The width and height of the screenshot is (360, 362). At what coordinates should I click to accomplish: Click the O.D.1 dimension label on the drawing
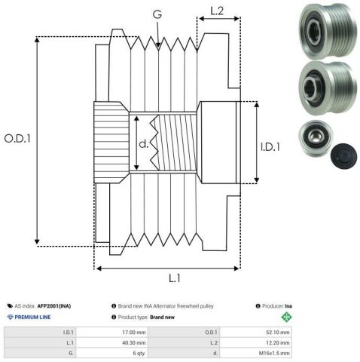tap(17, 139)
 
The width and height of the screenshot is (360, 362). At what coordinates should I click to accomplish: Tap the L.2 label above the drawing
tap(217, 11)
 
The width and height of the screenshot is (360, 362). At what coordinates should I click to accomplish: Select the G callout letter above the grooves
tap(157, 14)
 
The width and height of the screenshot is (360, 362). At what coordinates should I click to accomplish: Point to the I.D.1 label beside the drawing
tap(270, 147)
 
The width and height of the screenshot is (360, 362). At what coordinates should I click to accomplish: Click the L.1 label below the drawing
tap(175, 278)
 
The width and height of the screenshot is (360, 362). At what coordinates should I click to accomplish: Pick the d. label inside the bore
tap(144, 143)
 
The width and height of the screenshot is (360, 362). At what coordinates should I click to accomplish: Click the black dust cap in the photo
tap(343, 156)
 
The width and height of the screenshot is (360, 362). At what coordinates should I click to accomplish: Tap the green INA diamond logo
tap(286, 317)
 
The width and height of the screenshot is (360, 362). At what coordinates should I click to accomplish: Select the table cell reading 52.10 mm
tap(256, 332)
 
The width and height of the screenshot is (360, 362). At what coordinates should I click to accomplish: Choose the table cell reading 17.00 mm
tap(112, 332)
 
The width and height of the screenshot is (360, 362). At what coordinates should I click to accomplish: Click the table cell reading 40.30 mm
tap(112, 342)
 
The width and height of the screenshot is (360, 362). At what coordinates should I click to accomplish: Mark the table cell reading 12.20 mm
tap(256, 342)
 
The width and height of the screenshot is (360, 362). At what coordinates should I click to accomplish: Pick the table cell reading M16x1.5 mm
tap(256, 353)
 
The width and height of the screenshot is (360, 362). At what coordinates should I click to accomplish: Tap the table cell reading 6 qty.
tap(112, 353)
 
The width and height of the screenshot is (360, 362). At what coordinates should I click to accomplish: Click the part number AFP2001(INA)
tap(54, 306)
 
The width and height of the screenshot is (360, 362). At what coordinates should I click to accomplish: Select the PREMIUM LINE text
tap(32, 317)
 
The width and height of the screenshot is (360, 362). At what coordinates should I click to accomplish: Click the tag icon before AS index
tap(10, 306)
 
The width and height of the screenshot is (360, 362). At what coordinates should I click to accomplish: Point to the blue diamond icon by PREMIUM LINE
tap(10, 317)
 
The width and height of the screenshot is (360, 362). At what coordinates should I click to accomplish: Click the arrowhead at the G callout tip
tap(158, 45)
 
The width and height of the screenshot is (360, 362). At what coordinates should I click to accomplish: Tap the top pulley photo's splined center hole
tap(314, 30)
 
